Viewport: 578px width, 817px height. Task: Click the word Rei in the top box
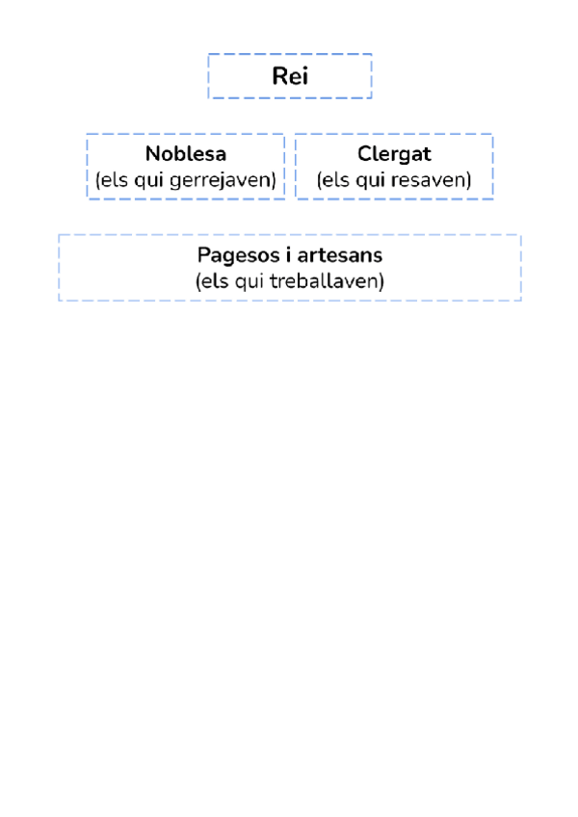pos(290,77)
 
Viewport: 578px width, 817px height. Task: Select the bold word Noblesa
pos(186,154)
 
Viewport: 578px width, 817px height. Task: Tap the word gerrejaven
pos(231,180)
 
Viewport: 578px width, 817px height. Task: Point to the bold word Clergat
pos(394,154)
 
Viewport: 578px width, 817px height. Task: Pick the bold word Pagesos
pos(229,256)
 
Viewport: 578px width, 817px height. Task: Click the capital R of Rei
pos(278,77)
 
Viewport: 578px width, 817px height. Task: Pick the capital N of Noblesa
pos(152,154)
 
